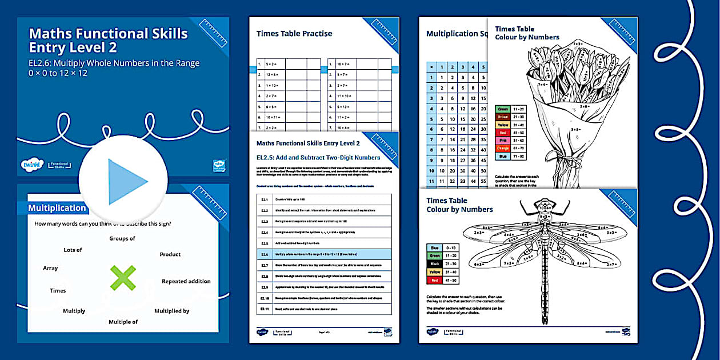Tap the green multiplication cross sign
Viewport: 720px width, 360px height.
click(x=123, y=278)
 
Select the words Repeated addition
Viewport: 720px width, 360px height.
click(x=186, y=281)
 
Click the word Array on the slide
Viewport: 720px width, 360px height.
click(x=50, y=268)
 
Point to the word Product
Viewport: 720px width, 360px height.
click(x=170, y=254)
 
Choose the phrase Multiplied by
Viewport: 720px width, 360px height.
click(x=171, y=311)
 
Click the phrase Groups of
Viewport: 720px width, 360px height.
click(x=122, y=238)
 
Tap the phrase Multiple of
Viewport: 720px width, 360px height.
click(x=123, y=322)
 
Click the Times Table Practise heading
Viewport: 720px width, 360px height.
click(x=294, y=34)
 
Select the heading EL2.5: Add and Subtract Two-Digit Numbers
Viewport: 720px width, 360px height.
click(x=318, y=157)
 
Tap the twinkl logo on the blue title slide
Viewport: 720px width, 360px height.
click(x=29, y=164)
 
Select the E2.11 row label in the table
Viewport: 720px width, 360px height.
click(x=265, y=309)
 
